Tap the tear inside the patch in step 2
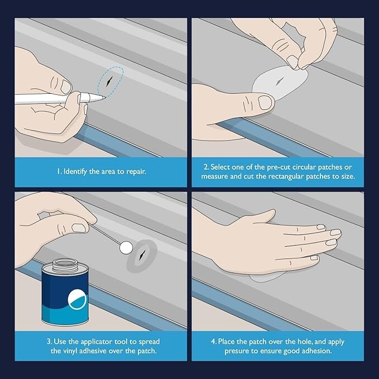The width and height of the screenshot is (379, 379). click(x=277, y=81)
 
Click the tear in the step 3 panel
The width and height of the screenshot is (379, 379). click(x=145, y=256)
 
